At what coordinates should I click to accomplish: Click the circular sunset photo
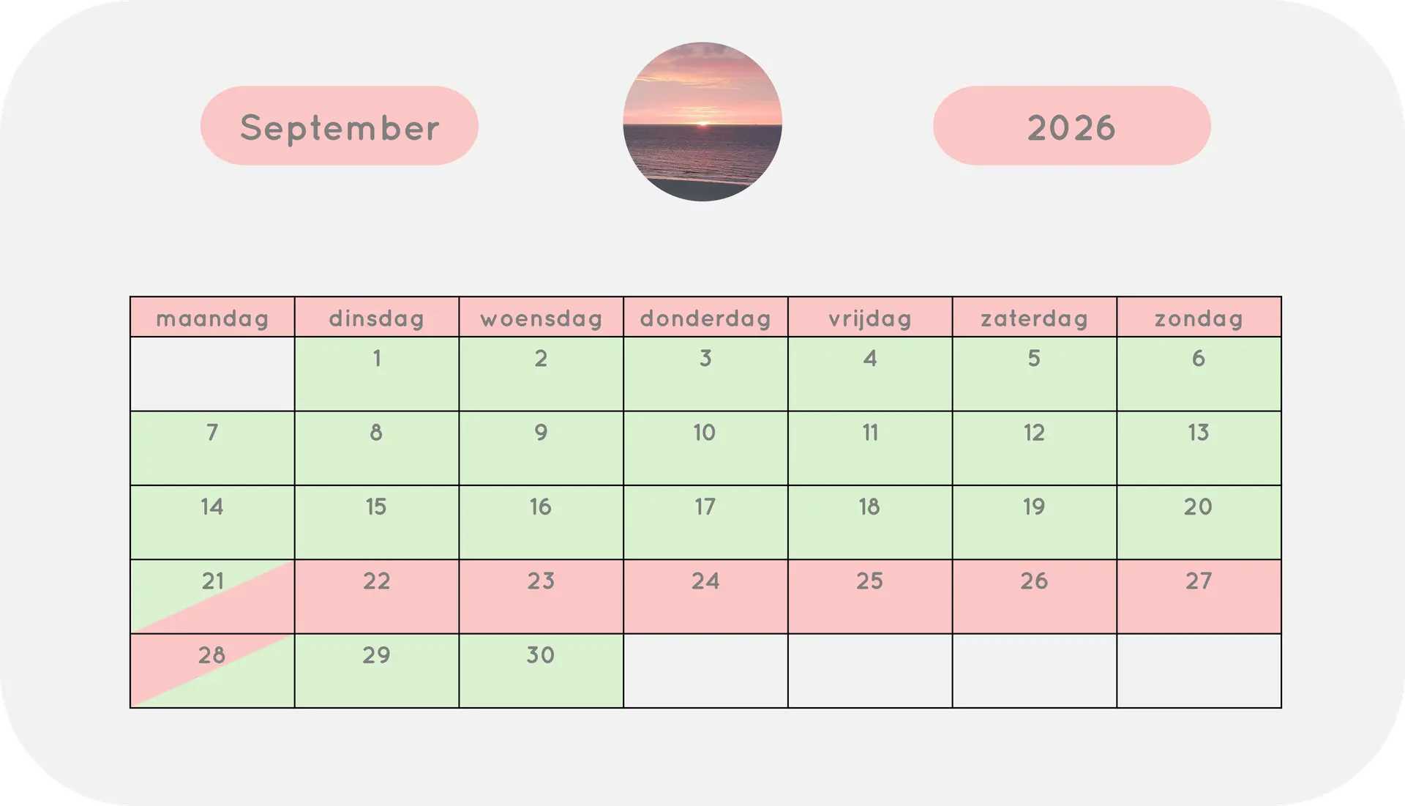tap(702, 122)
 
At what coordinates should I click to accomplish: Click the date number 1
tap(377, 359)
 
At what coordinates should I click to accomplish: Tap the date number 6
tap(1199, 359)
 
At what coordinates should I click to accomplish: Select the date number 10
tap(705, 433)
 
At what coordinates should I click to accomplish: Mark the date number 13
tap(1199, 433)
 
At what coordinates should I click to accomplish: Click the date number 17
tap(705, 507)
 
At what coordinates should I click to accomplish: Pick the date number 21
tap(213, 581)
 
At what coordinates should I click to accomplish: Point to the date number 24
tap(705, 581)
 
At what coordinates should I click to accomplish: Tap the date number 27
tap(1199, 581)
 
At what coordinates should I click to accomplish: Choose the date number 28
tap(212, 655)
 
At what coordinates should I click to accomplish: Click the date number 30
tap(541, 655)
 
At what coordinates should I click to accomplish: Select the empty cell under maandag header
tap(212, 374)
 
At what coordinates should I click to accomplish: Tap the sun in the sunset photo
tap(702, 124)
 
